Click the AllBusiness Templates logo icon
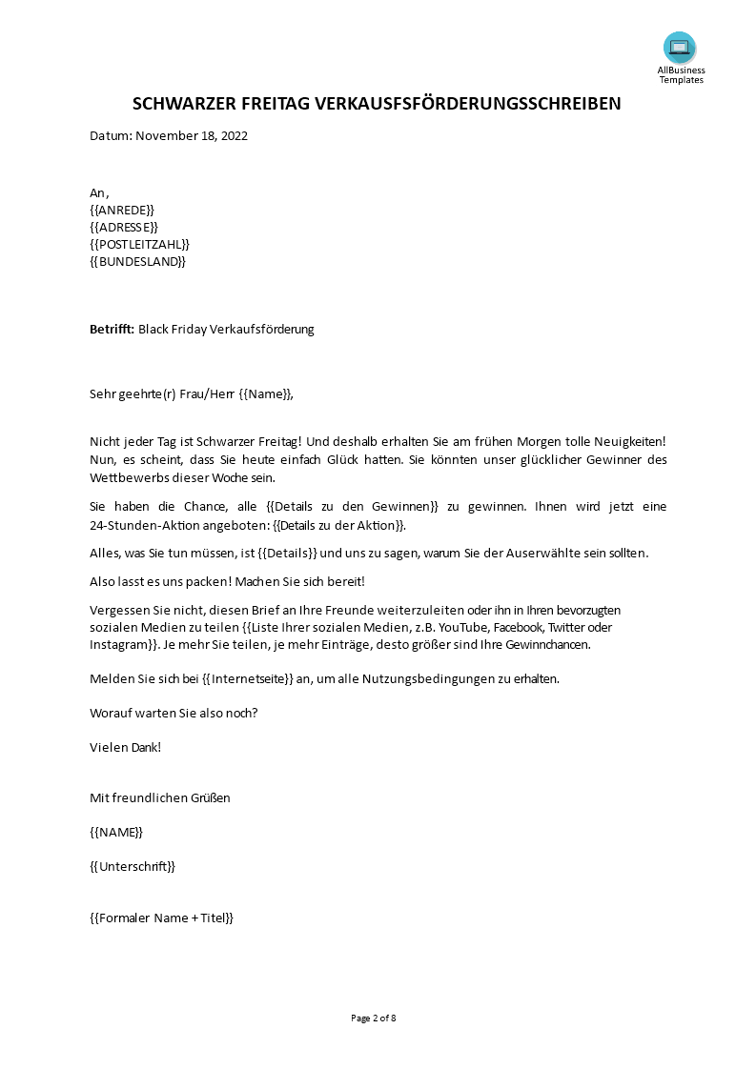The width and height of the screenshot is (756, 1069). pyautogui.click(x=680, y=48)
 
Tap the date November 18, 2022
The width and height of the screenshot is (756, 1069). pyautogui.click(x=192, y=135)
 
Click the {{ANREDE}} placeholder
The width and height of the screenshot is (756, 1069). pyautogui.click(x=121, y=210)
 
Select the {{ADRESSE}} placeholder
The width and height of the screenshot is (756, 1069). pyautogui.click(x=123, y=227)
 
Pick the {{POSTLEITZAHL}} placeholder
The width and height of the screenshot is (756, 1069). pyautogui.click(x=140, y=244)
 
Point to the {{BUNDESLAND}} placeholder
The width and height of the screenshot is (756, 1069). pyautogui.click(x=137, y=261)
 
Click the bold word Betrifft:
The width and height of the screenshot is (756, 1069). pyautogui.click(x=112, y=330)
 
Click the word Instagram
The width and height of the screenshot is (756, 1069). pyautogui.click(x=118, y=644)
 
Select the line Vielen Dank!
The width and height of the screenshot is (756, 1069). pyautogui.click(x=125, y=747)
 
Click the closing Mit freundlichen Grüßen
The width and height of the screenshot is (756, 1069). pyautogui.click(x=159, y=797)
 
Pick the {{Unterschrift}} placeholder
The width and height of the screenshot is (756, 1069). pyautogui.click(x=133, y=866)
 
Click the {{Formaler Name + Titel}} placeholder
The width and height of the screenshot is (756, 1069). pyautogui.click(x=161, y=918)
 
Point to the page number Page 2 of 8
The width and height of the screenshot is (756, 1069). pyautogui.click(x=374, y=1018)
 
